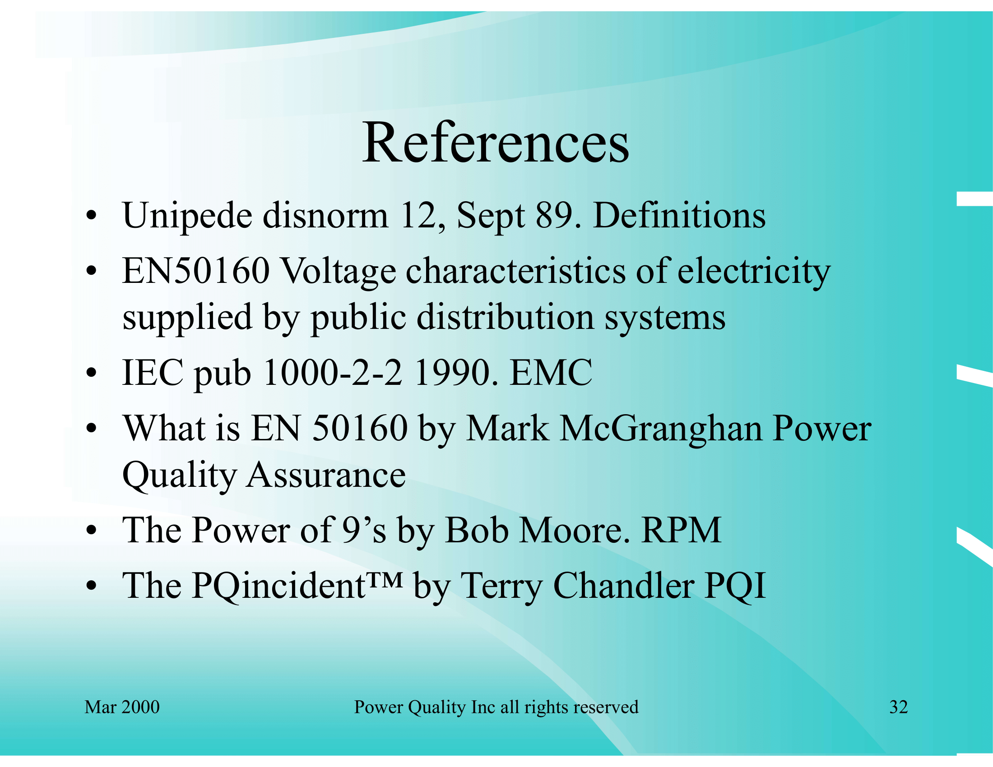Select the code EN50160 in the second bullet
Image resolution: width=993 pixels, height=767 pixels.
pyautogui.click(x=196, y=271)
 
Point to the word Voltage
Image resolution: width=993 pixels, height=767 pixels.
pyautogui.click(x=338, y=273)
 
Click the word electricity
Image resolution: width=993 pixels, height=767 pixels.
pyautogui.click(x=754, y=273)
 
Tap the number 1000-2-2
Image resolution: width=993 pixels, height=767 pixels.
pyautogui.click(x=333, y=372)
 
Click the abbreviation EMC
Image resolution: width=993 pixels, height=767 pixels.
pyautogui.click(x=551, y=372)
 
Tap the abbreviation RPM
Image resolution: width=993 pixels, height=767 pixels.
pyautogui.click(x=681, y=530)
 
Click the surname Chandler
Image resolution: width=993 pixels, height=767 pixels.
pyautogui.click(x=623, y=586)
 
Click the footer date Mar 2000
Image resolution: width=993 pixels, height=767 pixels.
pyautogui.click(x=122, y=707)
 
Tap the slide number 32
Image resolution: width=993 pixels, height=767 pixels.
pyautogui.click(x=898, y=707)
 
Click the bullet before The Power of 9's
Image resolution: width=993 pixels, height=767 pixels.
pyautogui.click(x=91, y=530)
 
